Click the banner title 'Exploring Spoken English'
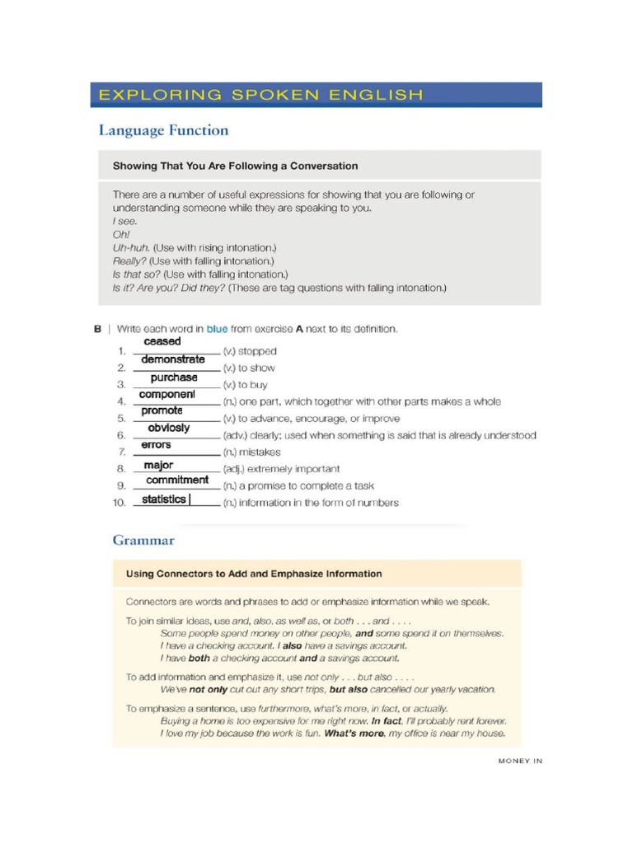(x=260, y=95)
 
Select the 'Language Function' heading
(x=163, y=130)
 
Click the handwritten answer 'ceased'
(x=162, y=341)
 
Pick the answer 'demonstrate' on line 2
(x=173, y=359)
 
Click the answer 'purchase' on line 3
(x=174, y=377)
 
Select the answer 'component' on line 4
(x=167, y=394)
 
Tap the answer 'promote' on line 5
(x=162, y=410)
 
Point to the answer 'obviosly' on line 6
(x=168, y=428)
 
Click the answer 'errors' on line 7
(x=157, y=445)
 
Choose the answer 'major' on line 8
(x=158, y=466)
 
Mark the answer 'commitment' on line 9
(x=177, y=480)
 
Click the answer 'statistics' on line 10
(x=164, y=499)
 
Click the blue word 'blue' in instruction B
(x=217, y=329)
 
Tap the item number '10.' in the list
(x=120, y=503)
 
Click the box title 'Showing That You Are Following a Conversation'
(x=235, y=166)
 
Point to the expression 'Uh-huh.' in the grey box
(x=131, y=247)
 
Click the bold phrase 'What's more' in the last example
(x=354, y=733)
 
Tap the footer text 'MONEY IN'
(x=520, y=762)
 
